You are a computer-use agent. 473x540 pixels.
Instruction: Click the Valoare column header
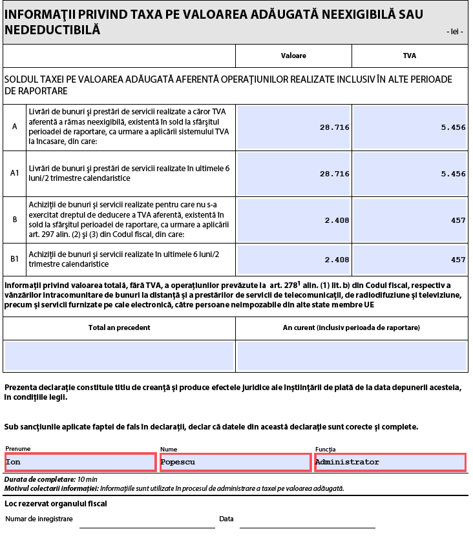point(293,56)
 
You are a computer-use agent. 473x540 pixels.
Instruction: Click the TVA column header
point(409,56)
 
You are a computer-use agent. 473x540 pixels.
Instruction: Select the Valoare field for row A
point(294,127)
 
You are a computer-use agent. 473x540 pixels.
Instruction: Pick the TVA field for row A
point(410,127)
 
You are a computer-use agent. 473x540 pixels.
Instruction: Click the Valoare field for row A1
point(294,174)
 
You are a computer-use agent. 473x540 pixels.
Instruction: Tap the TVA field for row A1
point(410,174)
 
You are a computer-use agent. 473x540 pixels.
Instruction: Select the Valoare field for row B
point(294,220)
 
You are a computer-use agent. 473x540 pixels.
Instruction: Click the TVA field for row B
point(410,220)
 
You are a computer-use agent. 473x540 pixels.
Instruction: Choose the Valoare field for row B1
point(294,260)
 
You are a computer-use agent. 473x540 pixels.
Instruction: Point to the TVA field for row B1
point(410,260)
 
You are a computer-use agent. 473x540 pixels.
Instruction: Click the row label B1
point(15,260)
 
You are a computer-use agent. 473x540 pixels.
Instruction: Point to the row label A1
point(15,173)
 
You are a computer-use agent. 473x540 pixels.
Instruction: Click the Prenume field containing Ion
point(80,462)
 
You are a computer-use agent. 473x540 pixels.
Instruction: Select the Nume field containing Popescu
point(235,462)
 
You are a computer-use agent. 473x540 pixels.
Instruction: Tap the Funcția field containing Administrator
point(390,462)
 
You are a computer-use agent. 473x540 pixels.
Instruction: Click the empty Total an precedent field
point(119,356)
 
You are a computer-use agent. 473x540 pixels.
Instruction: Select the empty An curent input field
point(352,356)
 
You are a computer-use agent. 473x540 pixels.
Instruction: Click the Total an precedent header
point(120,327)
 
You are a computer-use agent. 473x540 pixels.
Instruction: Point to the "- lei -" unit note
point(454,32)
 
